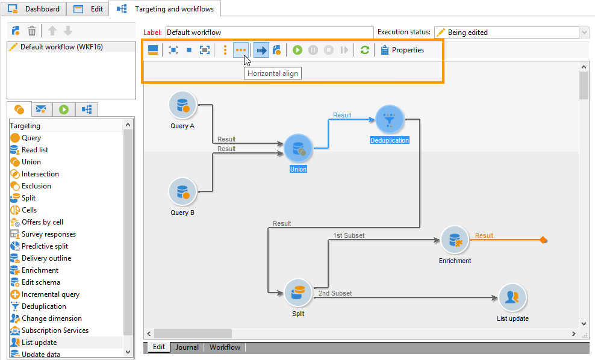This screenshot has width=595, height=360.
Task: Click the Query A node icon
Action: pyautogui.click(x=182, y=105)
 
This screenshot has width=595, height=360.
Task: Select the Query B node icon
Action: pyautogui.click(x=182, y=192)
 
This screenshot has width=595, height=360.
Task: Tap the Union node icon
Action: pyautogui.click(x=298, y=149)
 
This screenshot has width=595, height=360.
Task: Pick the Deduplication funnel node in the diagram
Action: pyautogui.click(x=390, y=120)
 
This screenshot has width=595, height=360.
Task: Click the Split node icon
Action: pyautogui.click(x=298, y=293)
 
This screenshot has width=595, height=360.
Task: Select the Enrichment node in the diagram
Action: pyautogui.click(x=455, y=240)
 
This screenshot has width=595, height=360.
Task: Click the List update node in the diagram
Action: pyautogui.click(x=512, y=297)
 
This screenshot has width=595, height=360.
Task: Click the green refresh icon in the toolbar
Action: pyautogui.click(x=364, y=50)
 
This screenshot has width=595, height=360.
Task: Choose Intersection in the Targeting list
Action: pyautogui.click(x=40, y=174)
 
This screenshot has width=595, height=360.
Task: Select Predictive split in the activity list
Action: pyautogui.click(x=45, y=246)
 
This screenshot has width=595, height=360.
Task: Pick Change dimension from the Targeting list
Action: pyautogui.click(x=51, y=318)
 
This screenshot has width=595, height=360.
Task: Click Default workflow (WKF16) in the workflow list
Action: pyautogui.click(x=61, y=47)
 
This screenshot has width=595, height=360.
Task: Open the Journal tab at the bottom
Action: pyautogui.click(x=187, y=347)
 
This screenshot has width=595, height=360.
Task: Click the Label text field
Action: pyautogui.click(x=269, y=33)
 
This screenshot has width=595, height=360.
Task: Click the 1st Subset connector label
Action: pyautogui.click(x=348, y=235)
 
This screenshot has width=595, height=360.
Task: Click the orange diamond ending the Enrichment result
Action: pyautogui.click(x=543, y=240)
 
